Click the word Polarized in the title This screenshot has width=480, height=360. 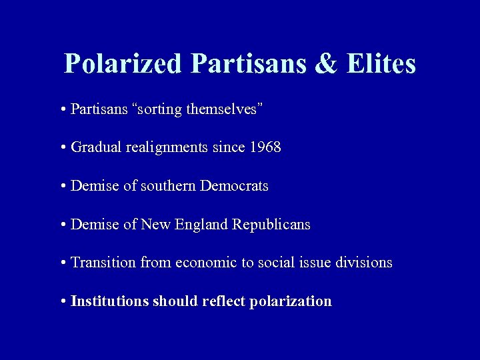click(122, 64)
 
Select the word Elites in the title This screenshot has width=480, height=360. click(382, 64)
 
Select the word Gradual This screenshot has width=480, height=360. click(94, 147)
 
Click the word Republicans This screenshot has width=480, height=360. click(271, 225)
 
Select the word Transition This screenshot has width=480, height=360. click(103, 263)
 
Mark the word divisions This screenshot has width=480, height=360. click(365, 263)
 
